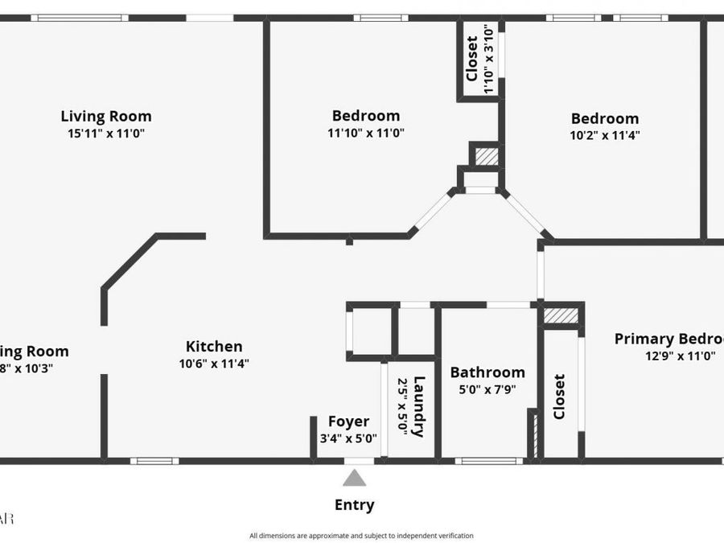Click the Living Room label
(106, 117)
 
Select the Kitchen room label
(214, 347)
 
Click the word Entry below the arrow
(355, 505)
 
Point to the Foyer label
(348, 422)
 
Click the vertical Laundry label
(418, 407)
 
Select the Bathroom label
(487, 372)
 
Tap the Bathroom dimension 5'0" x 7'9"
(487, 389)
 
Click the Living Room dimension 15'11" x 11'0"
(106, 134)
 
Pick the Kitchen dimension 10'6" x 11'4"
(214, 364)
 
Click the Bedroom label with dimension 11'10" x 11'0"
(366, 116)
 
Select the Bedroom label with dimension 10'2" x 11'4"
(605, 119)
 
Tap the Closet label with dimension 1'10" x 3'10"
(472, 58)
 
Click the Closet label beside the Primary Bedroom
(559, 396)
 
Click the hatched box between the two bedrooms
(485, 155)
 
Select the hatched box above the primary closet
(561, 316)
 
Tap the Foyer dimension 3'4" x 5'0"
(348, 438)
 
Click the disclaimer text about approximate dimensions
(361, 536)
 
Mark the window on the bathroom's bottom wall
(489, 461)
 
